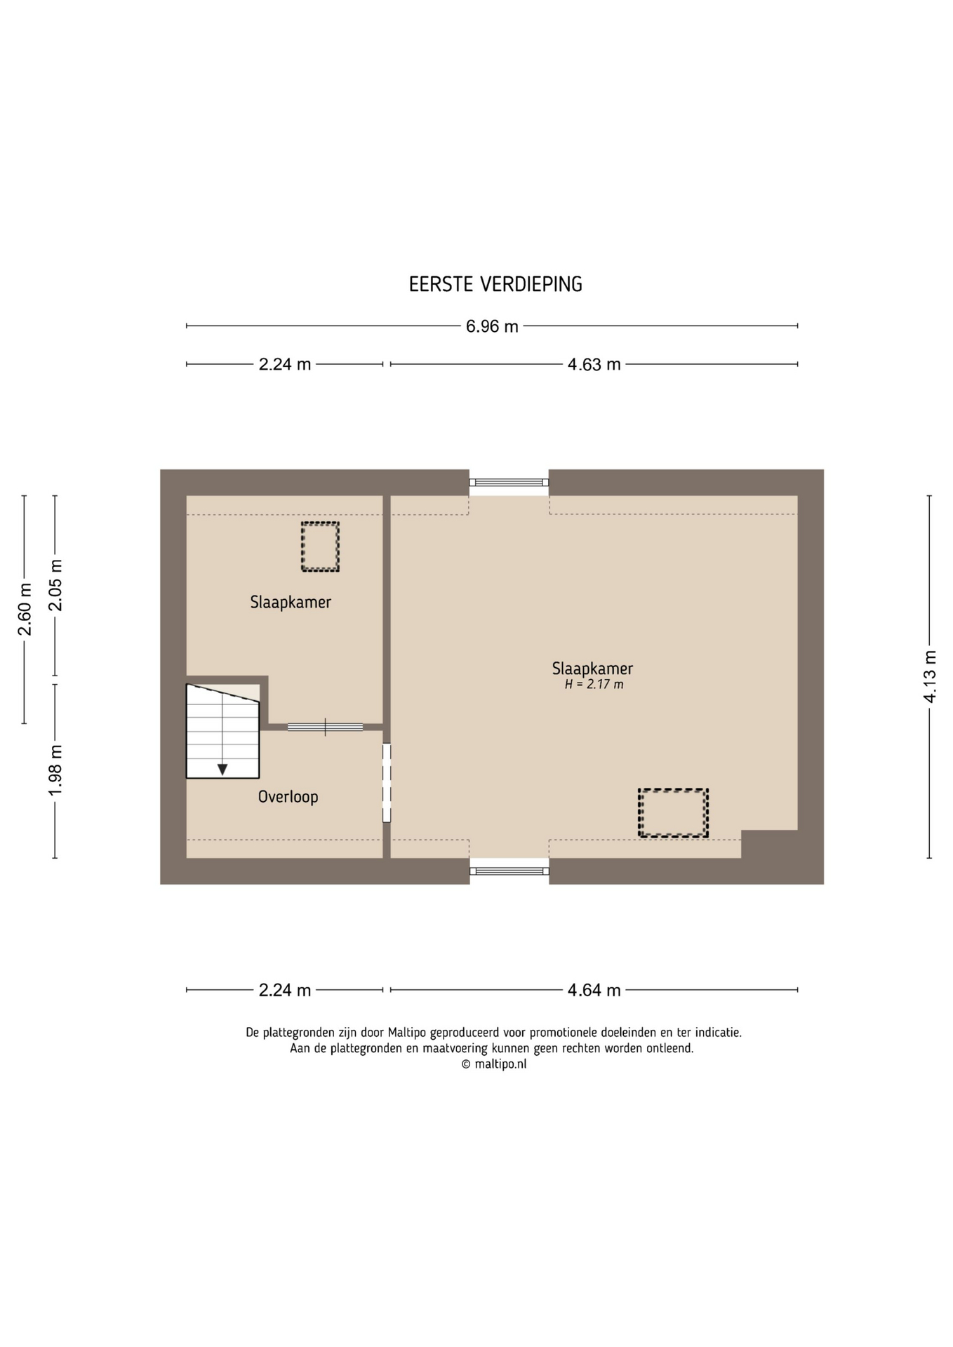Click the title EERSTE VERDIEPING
[x=495, y=284]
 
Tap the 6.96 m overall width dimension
[x=492, y=326]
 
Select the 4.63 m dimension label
[x=594, y=365]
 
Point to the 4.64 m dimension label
[x=594, y=990]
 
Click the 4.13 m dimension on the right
[x=930, y=676]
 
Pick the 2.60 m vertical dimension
[x=25, y=609]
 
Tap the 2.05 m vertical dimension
[x=55, y=585]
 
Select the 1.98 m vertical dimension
[x=55, y=770]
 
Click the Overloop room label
[x=288, y=797]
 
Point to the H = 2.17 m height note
[x=594, y=685]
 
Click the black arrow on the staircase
[x=222, y=770]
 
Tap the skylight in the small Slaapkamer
[x=320, y=547]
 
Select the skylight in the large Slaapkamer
[x=673, y=813]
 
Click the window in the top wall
[x=509, y=483]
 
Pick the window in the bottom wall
[x=509, y=871]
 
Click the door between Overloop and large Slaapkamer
[x=386, y=783]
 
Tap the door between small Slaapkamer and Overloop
[x=325, y=727]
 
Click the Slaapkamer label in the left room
[x=291, y=602]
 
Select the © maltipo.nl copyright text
[x=493, y=1064]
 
